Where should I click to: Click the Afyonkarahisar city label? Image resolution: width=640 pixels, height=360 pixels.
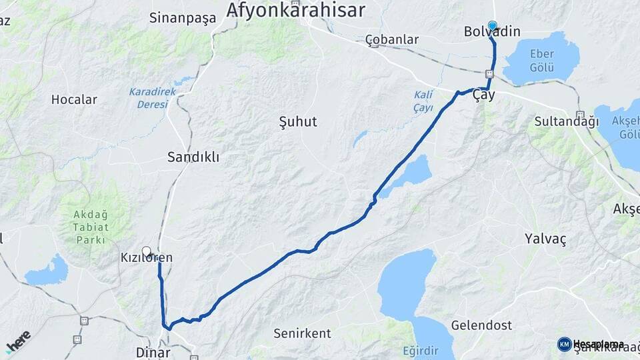point(295,10)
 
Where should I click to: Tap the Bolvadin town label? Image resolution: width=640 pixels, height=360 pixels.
point(492,32)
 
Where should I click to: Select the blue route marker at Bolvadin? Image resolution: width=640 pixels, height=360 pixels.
point(492,26)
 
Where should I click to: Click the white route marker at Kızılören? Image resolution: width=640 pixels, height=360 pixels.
point(147,251)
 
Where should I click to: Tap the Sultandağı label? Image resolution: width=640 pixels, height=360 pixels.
point(567,121)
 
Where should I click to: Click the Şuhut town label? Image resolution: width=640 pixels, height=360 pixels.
point(297,122)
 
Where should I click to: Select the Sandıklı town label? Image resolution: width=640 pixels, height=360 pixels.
point(193,157)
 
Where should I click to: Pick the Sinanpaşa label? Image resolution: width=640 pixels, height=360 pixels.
point(183,18)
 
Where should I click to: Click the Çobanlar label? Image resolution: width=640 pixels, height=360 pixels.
point(392,39)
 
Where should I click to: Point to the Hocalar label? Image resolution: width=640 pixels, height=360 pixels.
point(74,100)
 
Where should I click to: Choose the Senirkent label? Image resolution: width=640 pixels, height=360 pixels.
point(299,332)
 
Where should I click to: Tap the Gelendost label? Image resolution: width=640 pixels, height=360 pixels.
point(481,325)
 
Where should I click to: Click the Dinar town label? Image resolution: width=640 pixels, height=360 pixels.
point(153,352)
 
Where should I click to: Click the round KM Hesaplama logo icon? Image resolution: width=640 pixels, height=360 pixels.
point(564,344)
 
